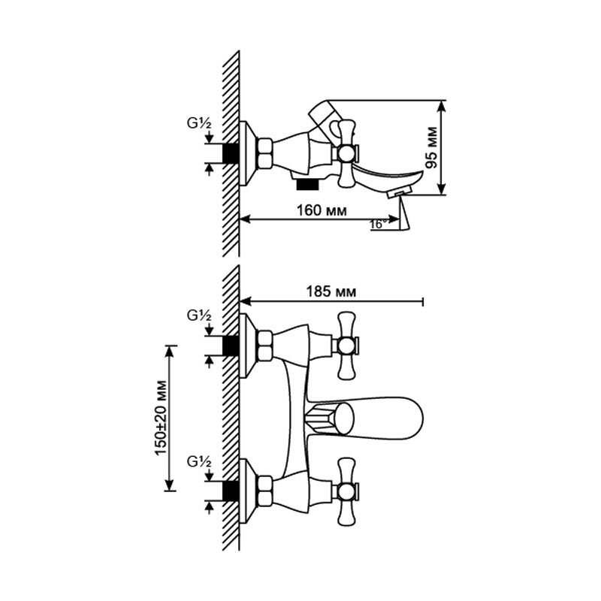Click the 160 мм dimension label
click(322, 210)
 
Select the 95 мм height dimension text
click(432, 147)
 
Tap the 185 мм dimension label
click(331, 291)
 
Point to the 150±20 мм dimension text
click(161, 418)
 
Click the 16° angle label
click(377, 225)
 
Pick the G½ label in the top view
click(199, 123)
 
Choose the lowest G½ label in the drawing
click(199, 462)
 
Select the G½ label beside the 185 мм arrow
click(199, 316)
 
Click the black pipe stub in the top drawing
click(231, 154)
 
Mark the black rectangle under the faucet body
click(307, 184)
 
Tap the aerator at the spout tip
click(399, 192)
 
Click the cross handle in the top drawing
click(346, 154)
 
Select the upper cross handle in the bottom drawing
click(346, 345)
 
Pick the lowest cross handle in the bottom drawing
click(346, 491)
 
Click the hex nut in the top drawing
click(265, 154)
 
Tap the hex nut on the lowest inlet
click(265, 491)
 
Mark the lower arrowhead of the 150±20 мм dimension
click(170, 485)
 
